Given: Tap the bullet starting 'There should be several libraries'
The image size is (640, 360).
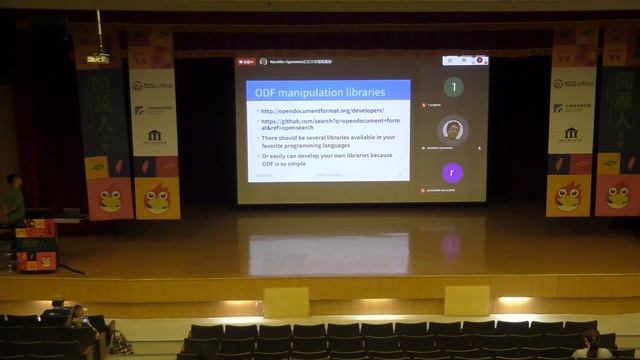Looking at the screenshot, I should point(328,140).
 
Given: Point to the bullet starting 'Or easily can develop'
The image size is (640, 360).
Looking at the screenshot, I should point(328,160).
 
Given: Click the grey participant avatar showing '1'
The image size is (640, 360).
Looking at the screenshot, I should point(453,87).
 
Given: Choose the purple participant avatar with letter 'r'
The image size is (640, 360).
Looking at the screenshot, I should point(452,172).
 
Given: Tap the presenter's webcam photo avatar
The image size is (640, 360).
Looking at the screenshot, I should point(453,130).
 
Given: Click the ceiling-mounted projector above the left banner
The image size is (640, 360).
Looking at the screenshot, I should point(98,57).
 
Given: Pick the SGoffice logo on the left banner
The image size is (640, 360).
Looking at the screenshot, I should point(154,85).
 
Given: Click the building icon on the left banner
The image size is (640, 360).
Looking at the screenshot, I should point(154,135).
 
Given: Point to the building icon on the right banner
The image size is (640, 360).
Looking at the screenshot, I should point(571,132).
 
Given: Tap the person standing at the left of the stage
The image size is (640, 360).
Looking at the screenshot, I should point(14,198).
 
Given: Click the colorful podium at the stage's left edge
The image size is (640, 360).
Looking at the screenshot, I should point(36,245).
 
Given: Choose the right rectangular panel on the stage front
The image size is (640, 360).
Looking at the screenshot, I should point(466,300).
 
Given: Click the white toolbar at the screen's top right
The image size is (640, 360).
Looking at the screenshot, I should point(465,61).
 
